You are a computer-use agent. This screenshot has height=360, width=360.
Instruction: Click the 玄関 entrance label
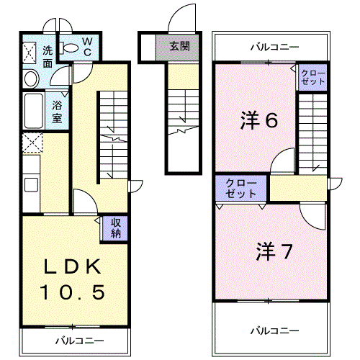tap(179, 47)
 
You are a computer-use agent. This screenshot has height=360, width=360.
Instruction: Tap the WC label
tap(84, 46)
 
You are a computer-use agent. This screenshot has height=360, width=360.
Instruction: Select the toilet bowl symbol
tap(70, 48)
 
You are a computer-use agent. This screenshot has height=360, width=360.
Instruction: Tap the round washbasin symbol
tap(31, 78)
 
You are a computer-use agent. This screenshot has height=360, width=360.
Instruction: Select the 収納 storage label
tap(116, 228)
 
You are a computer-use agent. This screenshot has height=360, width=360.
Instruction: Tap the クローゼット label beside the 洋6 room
tap(312, 77)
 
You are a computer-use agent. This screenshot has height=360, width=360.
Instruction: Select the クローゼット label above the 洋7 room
tap(240, 188)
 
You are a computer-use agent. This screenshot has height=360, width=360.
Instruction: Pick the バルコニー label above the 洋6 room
tap(274, 48)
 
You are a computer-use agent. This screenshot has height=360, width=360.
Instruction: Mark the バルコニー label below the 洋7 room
tap(274, 330)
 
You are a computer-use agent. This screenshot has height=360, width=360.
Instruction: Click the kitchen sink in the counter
tap(31, 184)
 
